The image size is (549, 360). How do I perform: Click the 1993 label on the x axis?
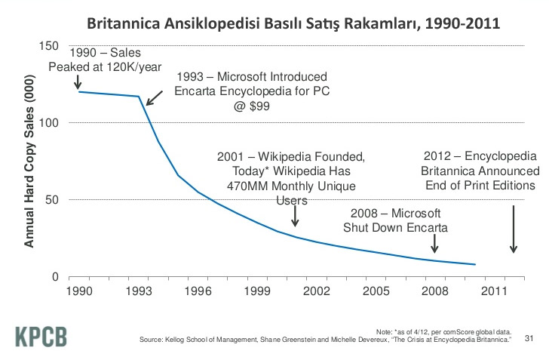tap(138, 290)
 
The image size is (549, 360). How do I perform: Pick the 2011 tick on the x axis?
tap(494, 290)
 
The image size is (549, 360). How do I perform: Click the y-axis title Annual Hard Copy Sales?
tap(29, 162)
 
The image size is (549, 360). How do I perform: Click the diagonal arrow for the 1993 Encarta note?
tap(153, 96)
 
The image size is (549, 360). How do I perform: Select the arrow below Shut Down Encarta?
tap(434, 243)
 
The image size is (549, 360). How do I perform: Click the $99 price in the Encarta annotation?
tap(251, 106)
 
